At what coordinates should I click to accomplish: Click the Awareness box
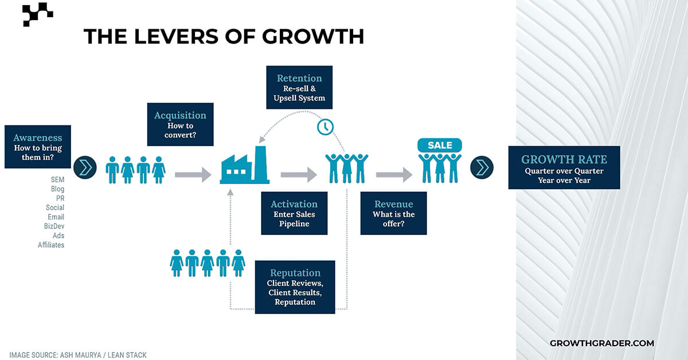click(x=38, y=147)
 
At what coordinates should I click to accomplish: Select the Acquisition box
click(x=181, y=124)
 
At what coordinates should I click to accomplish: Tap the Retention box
click(x=299, y=87)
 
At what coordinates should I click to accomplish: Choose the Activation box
click(x=294, y=213)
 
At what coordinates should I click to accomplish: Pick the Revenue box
click(x=393, y=213)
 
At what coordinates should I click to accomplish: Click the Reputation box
click(x=295, y=287)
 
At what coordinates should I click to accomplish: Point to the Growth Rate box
click(x=564, y=167)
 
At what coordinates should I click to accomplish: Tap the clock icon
click(x=325, y=127)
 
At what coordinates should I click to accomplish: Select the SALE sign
click(x=440, y=145)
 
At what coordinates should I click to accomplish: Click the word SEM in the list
click(x=57, y=179)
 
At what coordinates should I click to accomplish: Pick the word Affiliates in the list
click(x=51, y=245)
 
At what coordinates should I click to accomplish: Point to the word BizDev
click(x=54, y=226)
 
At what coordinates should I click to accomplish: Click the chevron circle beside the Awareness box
click(x=85, y=167)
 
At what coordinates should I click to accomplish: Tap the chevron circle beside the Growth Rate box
click(x=482, y=167)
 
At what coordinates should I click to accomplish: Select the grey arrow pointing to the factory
click(x=193, y=174)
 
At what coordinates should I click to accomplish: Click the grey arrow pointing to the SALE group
click(x=394, y=174)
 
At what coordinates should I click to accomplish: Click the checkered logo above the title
click(x=38, y=14)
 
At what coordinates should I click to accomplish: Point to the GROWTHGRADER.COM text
click(x=602, y=343)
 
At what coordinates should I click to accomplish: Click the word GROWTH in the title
click(x=313, y=36)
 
